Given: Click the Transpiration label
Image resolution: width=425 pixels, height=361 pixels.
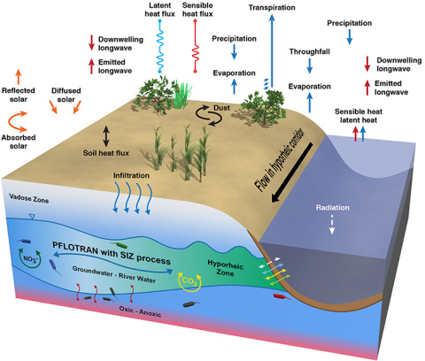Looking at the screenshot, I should point(272,8).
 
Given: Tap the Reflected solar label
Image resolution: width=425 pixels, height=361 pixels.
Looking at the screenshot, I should point(24,89).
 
